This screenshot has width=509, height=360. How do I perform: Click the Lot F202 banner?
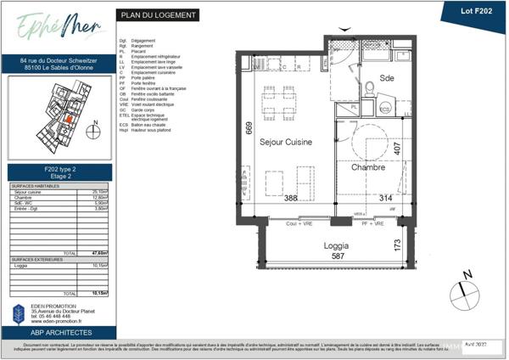(474, 11)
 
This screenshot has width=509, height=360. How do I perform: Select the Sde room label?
(388, 78)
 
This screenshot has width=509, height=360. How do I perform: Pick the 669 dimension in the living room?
(249, 129)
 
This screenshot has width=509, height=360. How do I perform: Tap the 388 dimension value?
(292, 199)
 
